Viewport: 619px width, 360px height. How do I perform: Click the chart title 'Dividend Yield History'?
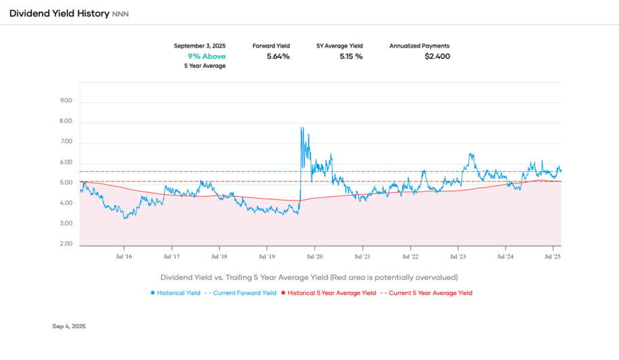pyautogui.click(x=59, y=14)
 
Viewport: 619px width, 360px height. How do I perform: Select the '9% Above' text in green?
pyautogui.click(x=207, y=56)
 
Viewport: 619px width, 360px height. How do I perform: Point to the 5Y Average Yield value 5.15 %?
pyautogui.click(x=351, y=56)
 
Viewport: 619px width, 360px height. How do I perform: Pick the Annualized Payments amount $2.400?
pyautogui.click(x=437, y=56)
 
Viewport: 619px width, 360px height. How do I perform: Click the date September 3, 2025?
pyautogui.click(x=200, y=46)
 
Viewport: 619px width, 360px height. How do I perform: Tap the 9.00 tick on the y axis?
pyautogui.click(x=66, y=101)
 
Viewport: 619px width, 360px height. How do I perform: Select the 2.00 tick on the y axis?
pyautogui.click(x=66, y=244)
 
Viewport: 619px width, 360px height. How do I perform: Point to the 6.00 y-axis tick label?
pyautogui.click(x=66, y=162)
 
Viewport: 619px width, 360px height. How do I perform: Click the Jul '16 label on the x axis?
pyautogui.click(x=124, y=257)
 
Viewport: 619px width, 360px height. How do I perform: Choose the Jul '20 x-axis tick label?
pyautogui.click(x=315, y=257)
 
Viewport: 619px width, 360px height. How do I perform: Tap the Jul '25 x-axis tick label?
pyautogui.click(x=552, y=257)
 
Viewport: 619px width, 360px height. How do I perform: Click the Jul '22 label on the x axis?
pyautogui.click(x=410, y=257)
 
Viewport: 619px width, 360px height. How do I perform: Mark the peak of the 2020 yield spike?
pyautogui.click(x=301, y=127)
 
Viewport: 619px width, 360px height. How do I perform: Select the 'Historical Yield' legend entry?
pyautogui.click(x=179, y=293)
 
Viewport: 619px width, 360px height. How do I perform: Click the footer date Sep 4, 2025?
pyautogui.click(x=69, y=327)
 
